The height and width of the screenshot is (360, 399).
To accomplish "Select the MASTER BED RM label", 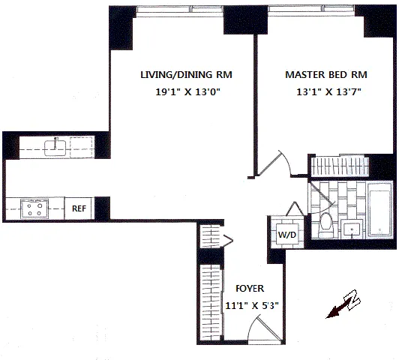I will pyautogui.click(x=316, y=75).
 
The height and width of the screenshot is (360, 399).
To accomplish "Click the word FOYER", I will pyautogui.click(x=248, y=288).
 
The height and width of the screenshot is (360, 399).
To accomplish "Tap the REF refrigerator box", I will pyautogui.click(x=79, y=208).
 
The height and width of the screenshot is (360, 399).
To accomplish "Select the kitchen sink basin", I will pyautogui.click(x=55, y=147).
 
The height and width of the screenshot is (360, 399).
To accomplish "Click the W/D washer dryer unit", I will pyautogui.click(x=286, y=232).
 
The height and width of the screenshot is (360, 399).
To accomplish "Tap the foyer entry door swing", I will pyautogui.click(x=257, y=330).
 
